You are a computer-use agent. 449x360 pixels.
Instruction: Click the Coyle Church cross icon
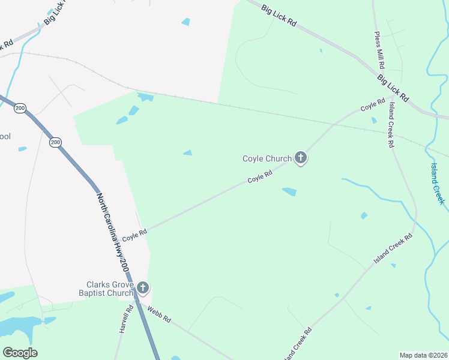[x=300, y=158]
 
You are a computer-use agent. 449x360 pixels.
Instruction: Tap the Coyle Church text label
[x=267, y=159]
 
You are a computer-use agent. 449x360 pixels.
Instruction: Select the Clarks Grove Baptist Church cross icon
[x=142, y=288]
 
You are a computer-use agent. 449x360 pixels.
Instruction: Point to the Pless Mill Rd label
[x=379, y=50]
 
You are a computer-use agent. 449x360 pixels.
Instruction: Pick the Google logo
[x=20, y=353]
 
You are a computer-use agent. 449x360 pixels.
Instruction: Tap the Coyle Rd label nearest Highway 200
[x=134, y=234]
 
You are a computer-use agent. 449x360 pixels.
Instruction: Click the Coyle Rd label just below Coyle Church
[x=261, y=176]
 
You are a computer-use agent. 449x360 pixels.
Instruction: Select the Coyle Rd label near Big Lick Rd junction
[x=372, y=104]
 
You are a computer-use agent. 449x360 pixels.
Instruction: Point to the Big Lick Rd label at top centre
[x=280, y=13]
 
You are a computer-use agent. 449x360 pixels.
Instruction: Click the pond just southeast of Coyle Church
[x=289, y=192]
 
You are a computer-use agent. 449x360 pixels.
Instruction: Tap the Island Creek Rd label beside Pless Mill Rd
[x=391, y=125]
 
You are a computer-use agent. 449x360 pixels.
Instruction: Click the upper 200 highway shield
[x=20, y=108]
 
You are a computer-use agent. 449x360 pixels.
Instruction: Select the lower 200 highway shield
[x=56, y=142]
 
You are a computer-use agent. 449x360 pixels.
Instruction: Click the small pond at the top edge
[x=186, y=22]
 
